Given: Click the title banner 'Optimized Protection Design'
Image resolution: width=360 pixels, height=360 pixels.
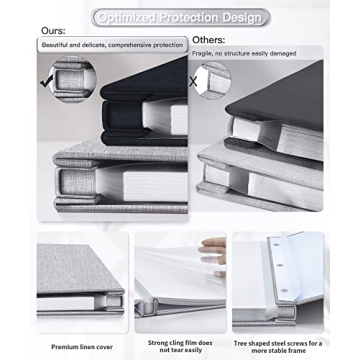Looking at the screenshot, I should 180,18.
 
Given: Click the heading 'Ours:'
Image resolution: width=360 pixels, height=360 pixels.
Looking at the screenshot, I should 52,31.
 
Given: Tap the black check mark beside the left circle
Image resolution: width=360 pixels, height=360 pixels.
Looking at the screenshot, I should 45,82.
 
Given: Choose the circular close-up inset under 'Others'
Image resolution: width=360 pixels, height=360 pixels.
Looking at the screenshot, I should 214,79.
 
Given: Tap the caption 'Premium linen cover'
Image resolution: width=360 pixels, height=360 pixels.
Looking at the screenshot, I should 79,345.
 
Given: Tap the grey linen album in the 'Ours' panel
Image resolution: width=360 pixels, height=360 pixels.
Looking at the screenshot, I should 100,185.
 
